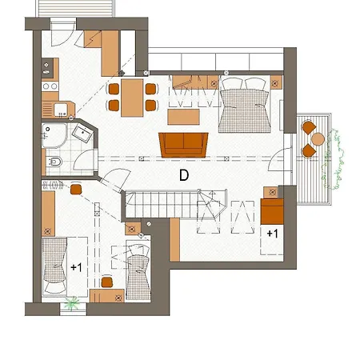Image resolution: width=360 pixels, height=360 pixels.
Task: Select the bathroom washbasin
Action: click(81, 132)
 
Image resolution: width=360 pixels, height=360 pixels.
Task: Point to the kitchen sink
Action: click(47, 86)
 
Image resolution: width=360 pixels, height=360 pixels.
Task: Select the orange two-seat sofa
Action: click(184, 143)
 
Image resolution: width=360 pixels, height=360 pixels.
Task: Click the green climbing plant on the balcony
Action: click(342, 160)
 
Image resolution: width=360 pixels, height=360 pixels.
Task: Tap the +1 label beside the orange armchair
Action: click(272, 234)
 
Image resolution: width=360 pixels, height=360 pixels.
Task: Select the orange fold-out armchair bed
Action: click(271, 212)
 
